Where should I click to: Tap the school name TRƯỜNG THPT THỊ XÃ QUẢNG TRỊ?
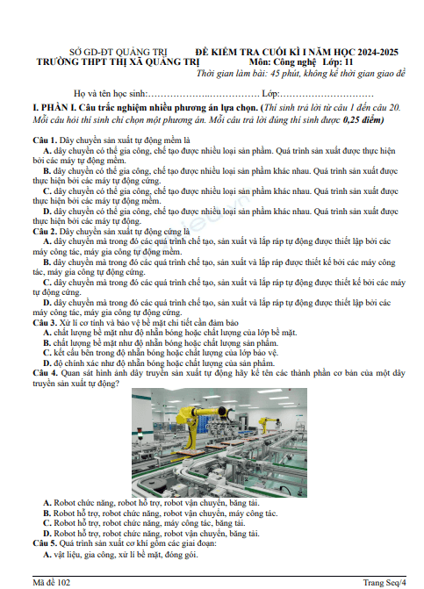(118, 62)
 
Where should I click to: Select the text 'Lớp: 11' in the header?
(338, 62)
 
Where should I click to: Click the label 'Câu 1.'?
(45, 140)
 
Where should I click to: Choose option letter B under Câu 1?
(47, 171)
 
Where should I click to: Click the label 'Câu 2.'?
(45, 232)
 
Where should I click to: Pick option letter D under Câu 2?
(47, 303)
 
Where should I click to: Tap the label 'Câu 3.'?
(45, 323)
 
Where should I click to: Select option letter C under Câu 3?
(47, 353)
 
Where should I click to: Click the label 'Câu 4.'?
(45, 373)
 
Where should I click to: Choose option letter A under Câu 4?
(47, 503)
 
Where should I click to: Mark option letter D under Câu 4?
(47, 534)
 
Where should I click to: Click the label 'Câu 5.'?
(45, 543)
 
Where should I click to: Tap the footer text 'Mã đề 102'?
(52, 583)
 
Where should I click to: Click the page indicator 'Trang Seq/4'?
(384, 583)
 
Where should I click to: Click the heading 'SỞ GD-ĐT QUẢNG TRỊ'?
(119, 52)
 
